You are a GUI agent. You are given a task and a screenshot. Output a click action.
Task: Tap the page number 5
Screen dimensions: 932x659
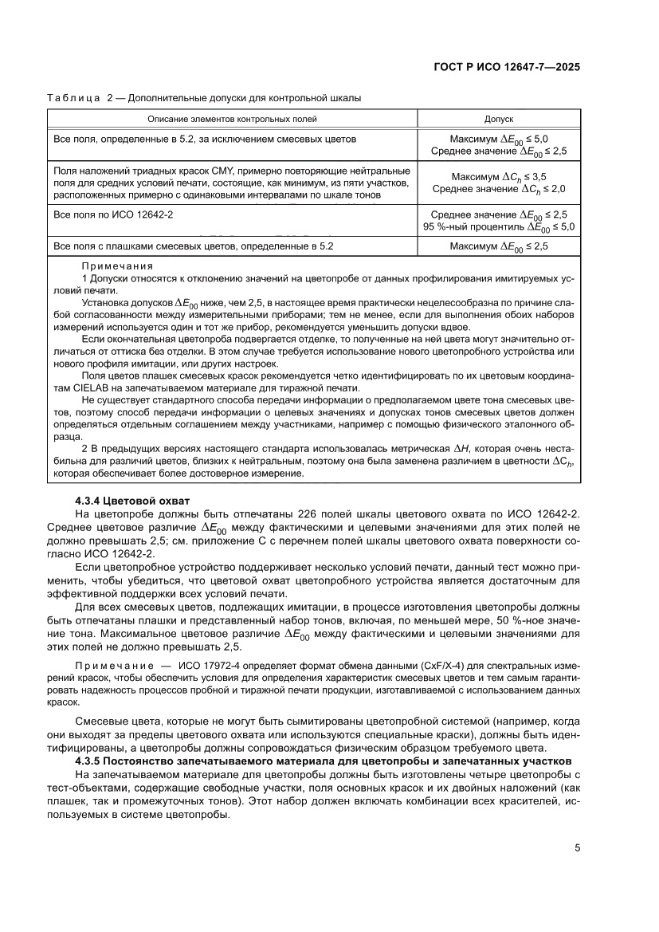point(577,847)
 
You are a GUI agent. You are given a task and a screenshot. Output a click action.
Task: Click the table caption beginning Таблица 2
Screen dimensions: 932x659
point(204,98)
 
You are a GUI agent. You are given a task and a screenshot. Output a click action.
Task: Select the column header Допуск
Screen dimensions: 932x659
point(499,119)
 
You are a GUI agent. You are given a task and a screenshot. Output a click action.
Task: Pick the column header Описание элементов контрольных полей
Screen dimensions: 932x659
point(232,119)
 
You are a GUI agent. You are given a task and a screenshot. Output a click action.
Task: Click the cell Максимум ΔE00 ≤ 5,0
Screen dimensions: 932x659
point(499,138)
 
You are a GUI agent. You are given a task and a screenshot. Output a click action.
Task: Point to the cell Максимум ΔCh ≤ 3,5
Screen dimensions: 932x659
point(499,176)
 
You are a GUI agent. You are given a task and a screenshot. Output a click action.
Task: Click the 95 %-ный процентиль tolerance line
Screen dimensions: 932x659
point(499,226)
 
